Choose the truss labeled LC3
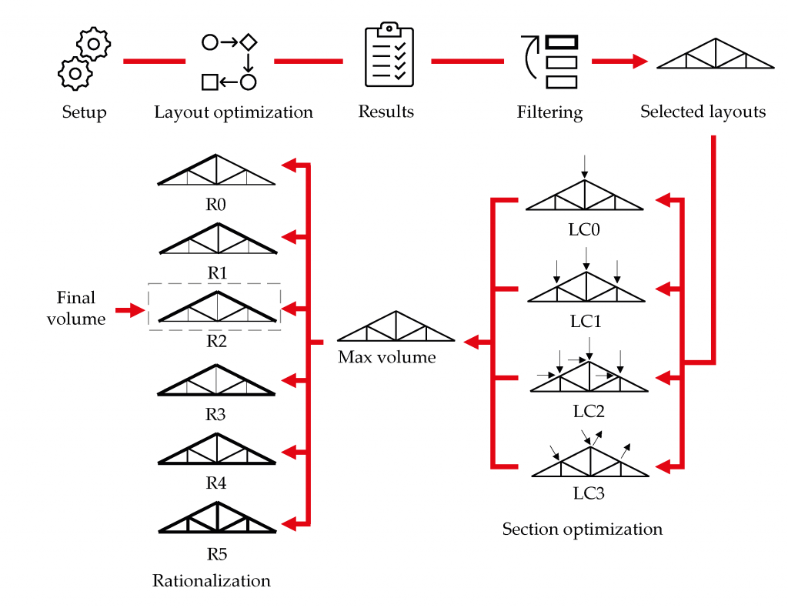pos(589,462)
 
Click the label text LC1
pos(586,321)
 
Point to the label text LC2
pos(589,411)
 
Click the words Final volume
pos(76,308)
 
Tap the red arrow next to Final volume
pos(130,311)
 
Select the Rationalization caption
pos(212,580)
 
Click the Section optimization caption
pos(582,529)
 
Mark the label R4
pos(216,483)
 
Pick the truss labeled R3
pos(216,379)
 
